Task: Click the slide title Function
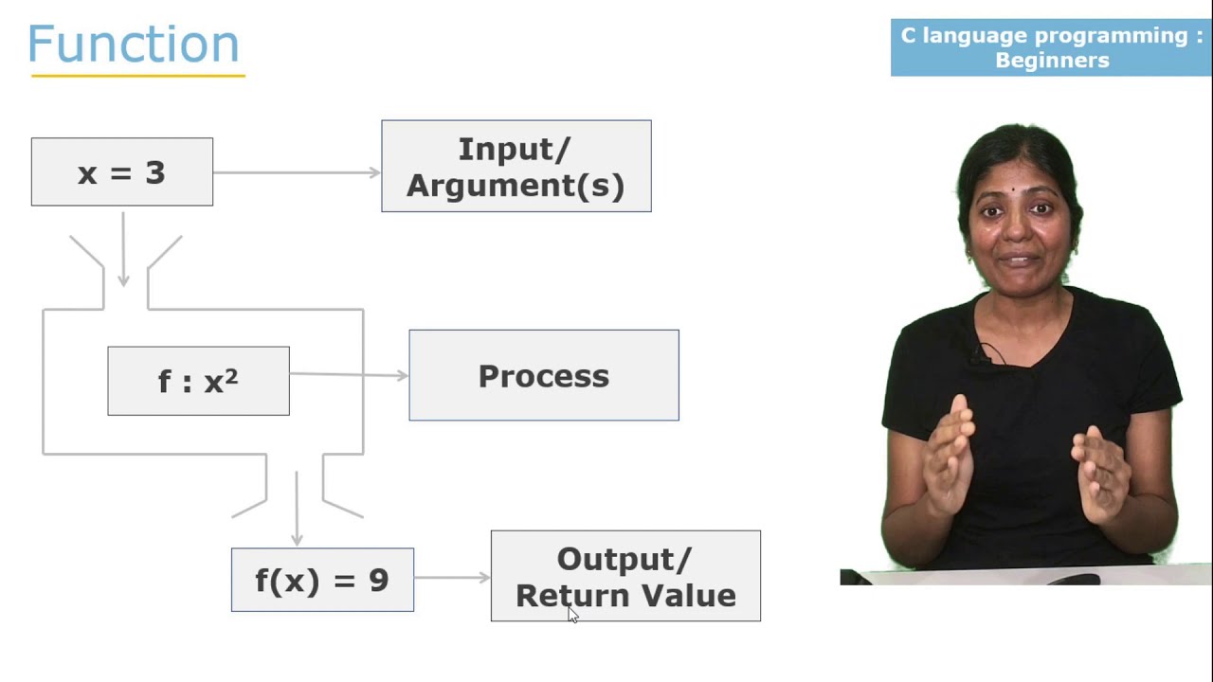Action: tap(134, 45)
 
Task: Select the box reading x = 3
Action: tap(121, 172)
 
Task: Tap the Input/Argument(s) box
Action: tap(516, 167)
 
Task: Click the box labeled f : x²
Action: tap(198, 381)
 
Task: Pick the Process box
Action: tap(543, 376)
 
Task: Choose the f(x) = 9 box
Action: tap(322, 580)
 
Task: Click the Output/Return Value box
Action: tap(625, 576)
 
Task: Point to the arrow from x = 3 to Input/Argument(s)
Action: tap(297, 172)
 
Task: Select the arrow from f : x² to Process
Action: tap(349, 375)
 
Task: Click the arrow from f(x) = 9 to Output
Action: tap(452, 577)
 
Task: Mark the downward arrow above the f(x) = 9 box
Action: tap(297, 510)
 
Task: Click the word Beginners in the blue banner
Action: tap(1052, 61)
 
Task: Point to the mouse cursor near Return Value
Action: tap(572, 615)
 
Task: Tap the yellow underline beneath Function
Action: tap(137, 75)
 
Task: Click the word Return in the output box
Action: tap(564, 596)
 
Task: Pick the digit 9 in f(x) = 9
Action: tap(378, 581)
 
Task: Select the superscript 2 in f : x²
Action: tap(232, 373)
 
